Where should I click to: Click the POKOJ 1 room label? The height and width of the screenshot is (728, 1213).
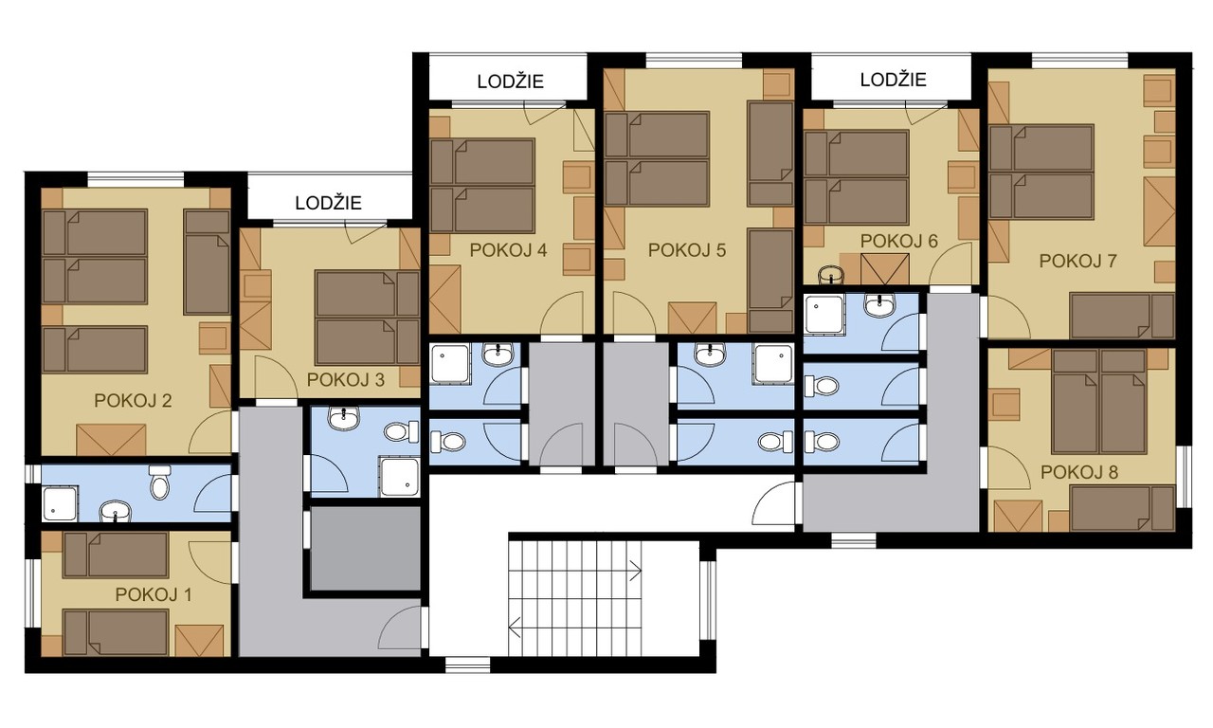(x=154, y=594)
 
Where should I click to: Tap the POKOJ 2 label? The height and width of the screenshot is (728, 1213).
(x=133, y=401)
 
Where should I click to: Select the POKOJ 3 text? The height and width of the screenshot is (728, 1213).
(x=346, y=380)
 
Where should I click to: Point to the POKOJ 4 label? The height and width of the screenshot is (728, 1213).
(x=508, y=250)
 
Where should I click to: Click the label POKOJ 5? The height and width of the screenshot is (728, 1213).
(x=687, y=250)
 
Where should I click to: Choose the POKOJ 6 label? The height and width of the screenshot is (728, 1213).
(x=899, y=241)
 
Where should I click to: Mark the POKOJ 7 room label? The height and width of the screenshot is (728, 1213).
(x=1077, y=261)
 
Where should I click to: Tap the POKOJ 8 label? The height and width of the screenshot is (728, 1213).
(x=1079, y=472)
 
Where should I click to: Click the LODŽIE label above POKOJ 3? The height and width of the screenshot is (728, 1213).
(x=328, y=203)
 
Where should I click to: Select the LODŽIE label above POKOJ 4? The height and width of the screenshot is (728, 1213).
(x=510, y=82)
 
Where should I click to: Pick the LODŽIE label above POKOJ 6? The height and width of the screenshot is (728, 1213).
(x=894, y=80)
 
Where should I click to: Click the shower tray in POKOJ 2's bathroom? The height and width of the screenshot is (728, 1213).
(x=60, y=503)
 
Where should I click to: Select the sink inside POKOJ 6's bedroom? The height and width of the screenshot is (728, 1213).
(x=831, y=275)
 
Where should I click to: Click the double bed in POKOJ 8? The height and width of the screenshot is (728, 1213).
(x=1099, y=401)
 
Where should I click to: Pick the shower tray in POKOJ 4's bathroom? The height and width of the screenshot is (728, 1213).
(x=450, y=363)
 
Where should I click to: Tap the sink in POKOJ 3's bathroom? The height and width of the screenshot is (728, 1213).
(x=344, y=418)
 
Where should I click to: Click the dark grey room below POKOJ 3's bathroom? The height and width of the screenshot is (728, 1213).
(x=366, y=548)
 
